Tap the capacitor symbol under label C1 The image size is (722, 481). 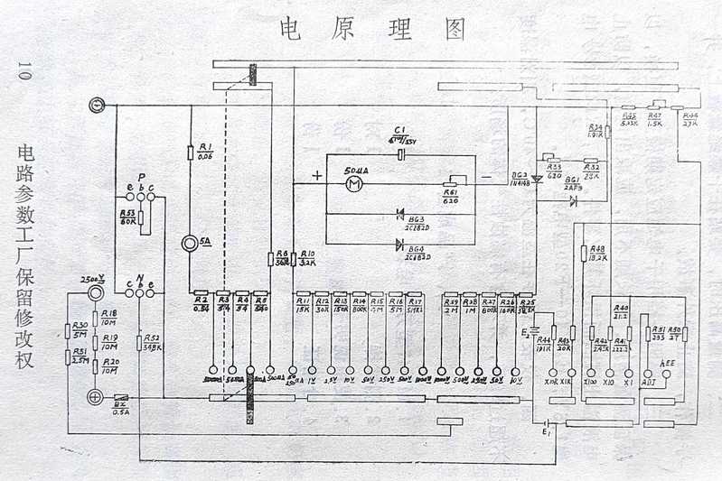[x=398, y=154]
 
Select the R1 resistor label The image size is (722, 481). [x=204, y=151]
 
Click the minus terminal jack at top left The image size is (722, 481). [x=97, y=106]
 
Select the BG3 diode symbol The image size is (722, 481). [x=400, y=214]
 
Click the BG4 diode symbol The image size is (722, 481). [x=400, y=244]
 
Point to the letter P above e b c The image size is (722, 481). [x=142, y=177]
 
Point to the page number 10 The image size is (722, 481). [x=24, y=74]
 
